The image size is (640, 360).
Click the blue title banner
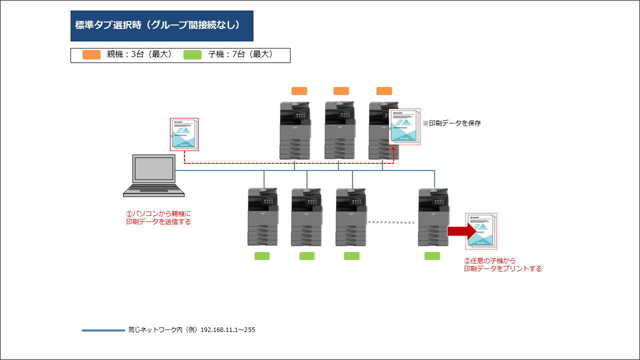tap(161, 26)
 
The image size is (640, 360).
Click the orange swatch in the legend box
tap(91, 54)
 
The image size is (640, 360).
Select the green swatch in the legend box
tap(192, 54)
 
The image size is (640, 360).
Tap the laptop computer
tap(153, 175)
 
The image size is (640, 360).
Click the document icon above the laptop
tap(184, 134)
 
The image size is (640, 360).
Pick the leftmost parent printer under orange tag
tap(295, 130)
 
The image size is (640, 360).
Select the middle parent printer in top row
tap(340, 130)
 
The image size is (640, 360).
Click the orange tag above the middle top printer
tap(341, 91)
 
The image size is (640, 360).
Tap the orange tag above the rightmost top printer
tap(384, 91)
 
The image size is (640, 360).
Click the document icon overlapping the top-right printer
tap(404, 126)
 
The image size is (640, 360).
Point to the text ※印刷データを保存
tap(451, 123)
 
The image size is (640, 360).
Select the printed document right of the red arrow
tap(481, 231)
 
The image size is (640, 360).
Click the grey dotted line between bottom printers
tap(391, 222)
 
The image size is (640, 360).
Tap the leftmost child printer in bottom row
tap(263, 217)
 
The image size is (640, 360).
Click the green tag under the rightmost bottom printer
tap(432, 256)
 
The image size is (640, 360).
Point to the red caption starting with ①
tap(158, 217)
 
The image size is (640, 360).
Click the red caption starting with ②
tap(502, 264)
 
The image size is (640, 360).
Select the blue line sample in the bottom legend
tap(103, 330)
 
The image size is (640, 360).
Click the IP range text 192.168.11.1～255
tap(227, 329)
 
